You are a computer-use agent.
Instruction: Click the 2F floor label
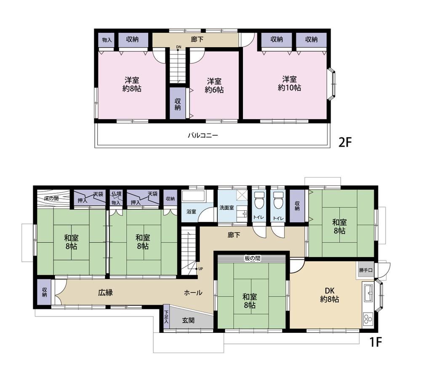345,142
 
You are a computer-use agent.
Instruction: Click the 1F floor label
376,342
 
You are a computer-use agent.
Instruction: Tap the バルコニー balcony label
203,135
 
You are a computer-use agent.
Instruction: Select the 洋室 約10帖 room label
290,83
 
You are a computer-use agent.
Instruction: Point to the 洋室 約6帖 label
214,85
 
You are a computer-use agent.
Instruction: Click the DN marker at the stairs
179,47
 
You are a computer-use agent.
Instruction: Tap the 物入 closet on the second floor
107,40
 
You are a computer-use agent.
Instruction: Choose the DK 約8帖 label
329,295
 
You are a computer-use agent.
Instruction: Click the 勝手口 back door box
366,270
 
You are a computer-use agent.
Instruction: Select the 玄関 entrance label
188,320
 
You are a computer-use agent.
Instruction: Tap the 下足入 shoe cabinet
166,316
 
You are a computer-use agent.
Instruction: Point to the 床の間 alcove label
51,198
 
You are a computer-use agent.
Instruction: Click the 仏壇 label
117,193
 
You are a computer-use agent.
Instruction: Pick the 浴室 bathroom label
191,212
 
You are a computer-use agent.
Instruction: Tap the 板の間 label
252,258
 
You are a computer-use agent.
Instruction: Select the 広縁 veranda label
105,292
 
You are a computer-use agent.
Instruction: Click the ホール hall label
193,292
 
